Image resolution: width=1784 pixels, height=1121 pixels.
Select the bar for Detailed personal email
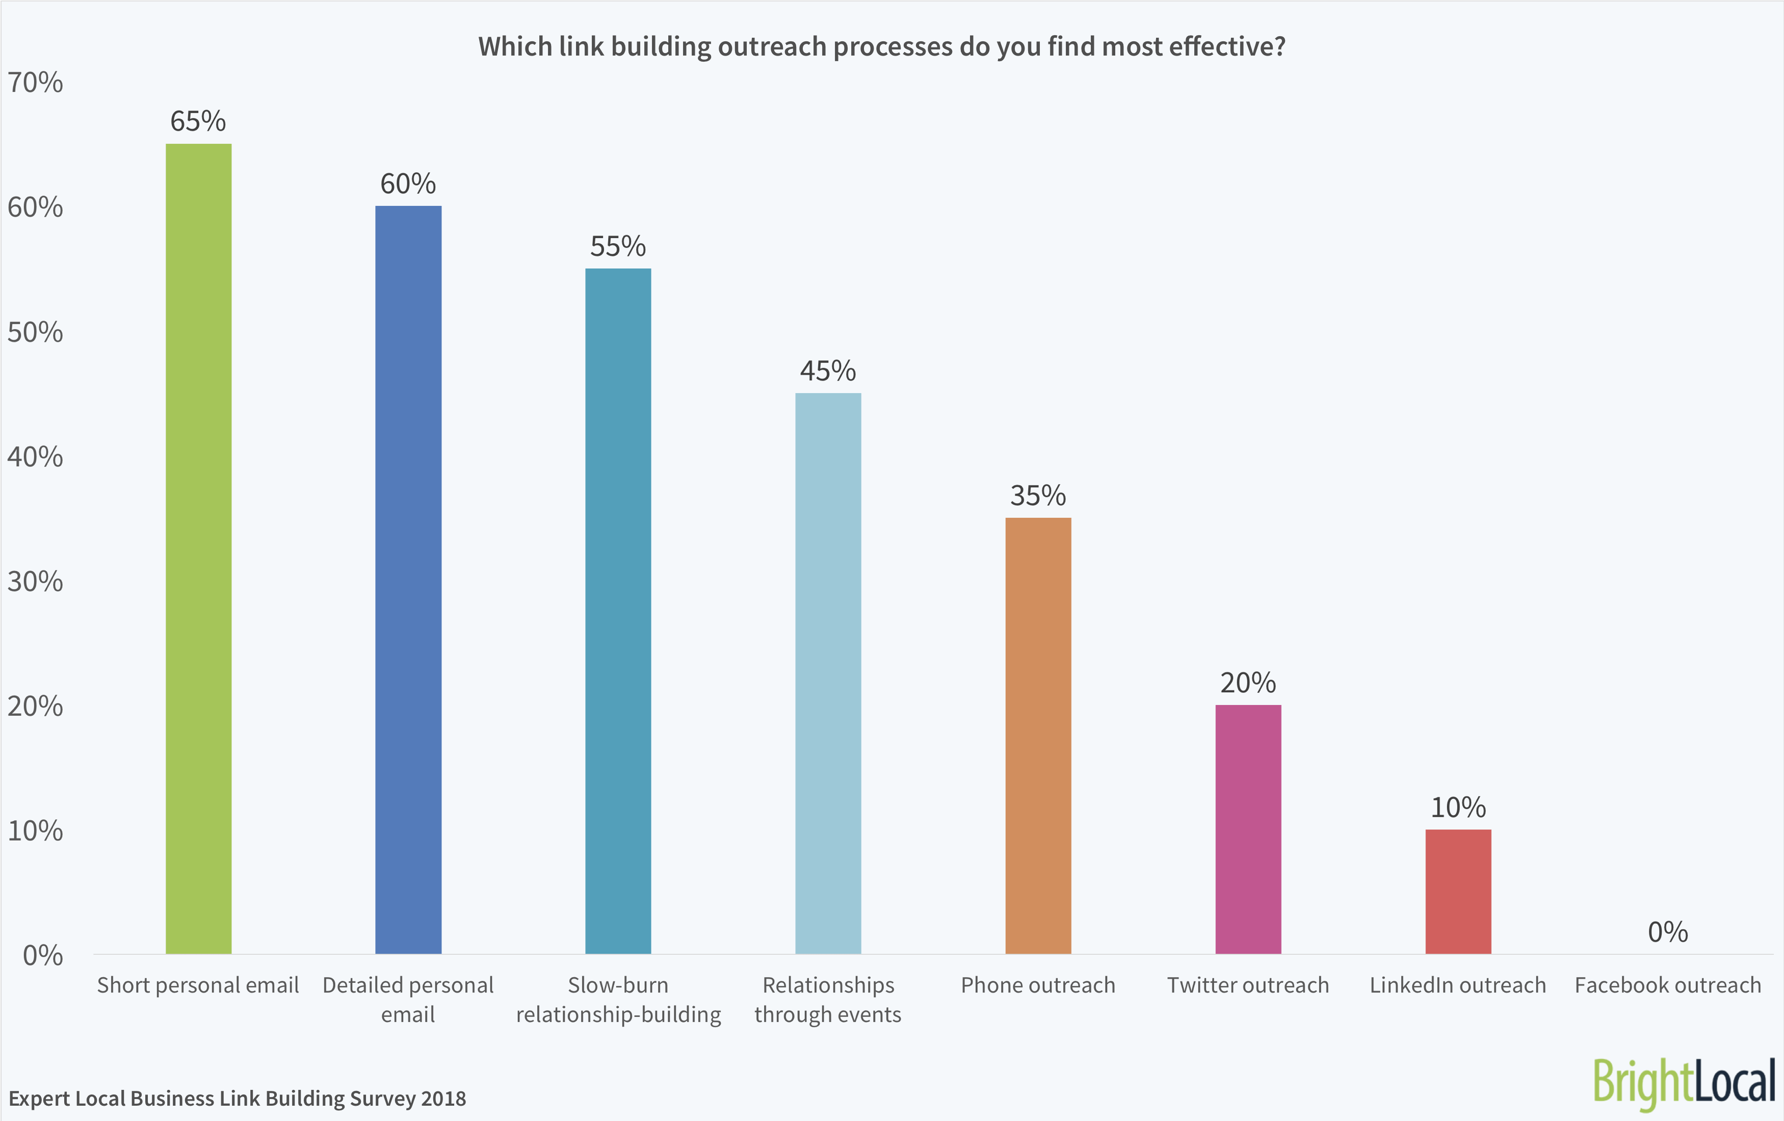coord(408,580)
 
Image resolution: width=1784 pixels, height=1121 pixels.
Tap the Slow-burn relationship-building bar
coord(618,611)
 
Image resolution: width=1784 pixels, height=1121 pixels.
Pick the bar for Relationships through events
coord(828,673)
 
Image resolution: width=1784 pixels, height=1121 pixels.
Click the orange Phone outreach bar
coord(1038,735)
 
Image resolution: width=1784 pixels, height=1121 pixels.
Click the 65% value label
coord(198,121)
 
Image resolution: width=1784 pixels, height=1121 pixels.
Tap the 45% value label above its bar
coord(828,371)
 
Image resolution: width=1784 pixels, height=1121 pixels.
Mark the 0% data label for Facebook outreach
coord(1668,932)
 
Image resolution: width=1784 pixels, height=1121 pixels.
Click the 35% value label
coord(1038,496)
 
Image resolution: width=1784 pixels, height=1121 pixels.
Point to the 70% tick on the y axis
coord(35,82)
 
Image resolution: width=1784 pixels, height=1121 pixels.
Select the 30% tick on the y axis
coord(35,582)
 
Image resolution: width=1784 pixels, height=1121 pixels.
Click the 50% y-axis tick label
coord(35,332)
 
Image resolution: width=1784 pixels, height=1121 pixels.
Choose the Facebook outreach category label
coord(1668,985)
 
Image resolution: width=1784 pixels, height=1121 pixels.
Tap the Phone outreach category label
coord(1038,985)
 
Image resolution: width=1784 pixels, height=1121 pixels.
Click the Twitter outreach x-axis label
coord(1248,985)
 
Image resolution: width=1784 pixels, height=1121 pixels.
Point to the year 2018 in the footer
coord(443,1099)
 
